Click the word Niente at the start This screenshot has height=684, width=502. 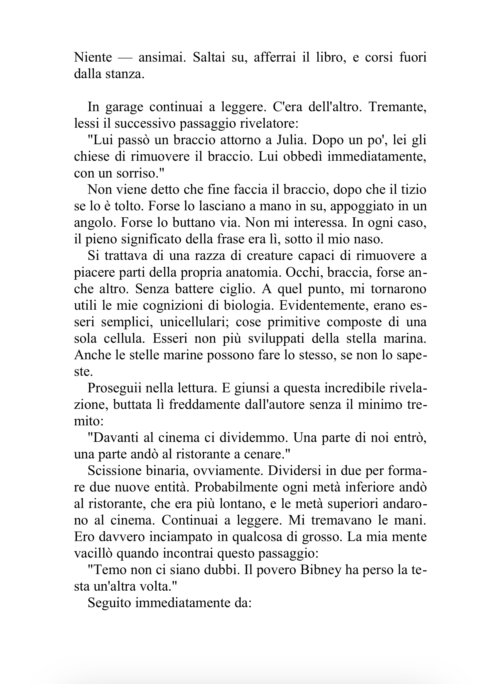(x=93, y=57)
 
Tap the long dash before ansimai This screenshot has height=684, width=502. (x=125, y=58)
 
